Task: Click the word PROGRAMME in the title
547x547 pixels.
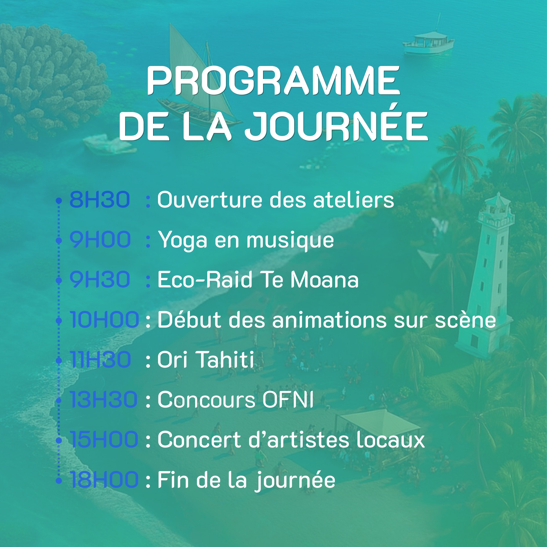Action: click(x=273, y=80)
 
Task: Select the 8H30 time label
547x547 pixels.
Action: click(x=100, y=200)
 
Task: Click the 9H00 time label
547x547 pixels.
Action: click(x=100, y=240)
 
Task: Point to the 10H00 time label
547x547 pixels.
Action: click(x=104, y=320)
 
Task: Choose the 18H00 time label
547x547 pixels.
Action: click(x=104, y=480)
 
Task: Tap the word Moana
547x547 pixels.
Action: click(x=324, y=280)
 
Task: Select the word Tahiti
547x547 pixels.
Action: click(x=226, y=360)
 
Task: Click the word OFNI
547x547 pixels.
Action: click(x=288, y=400)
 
